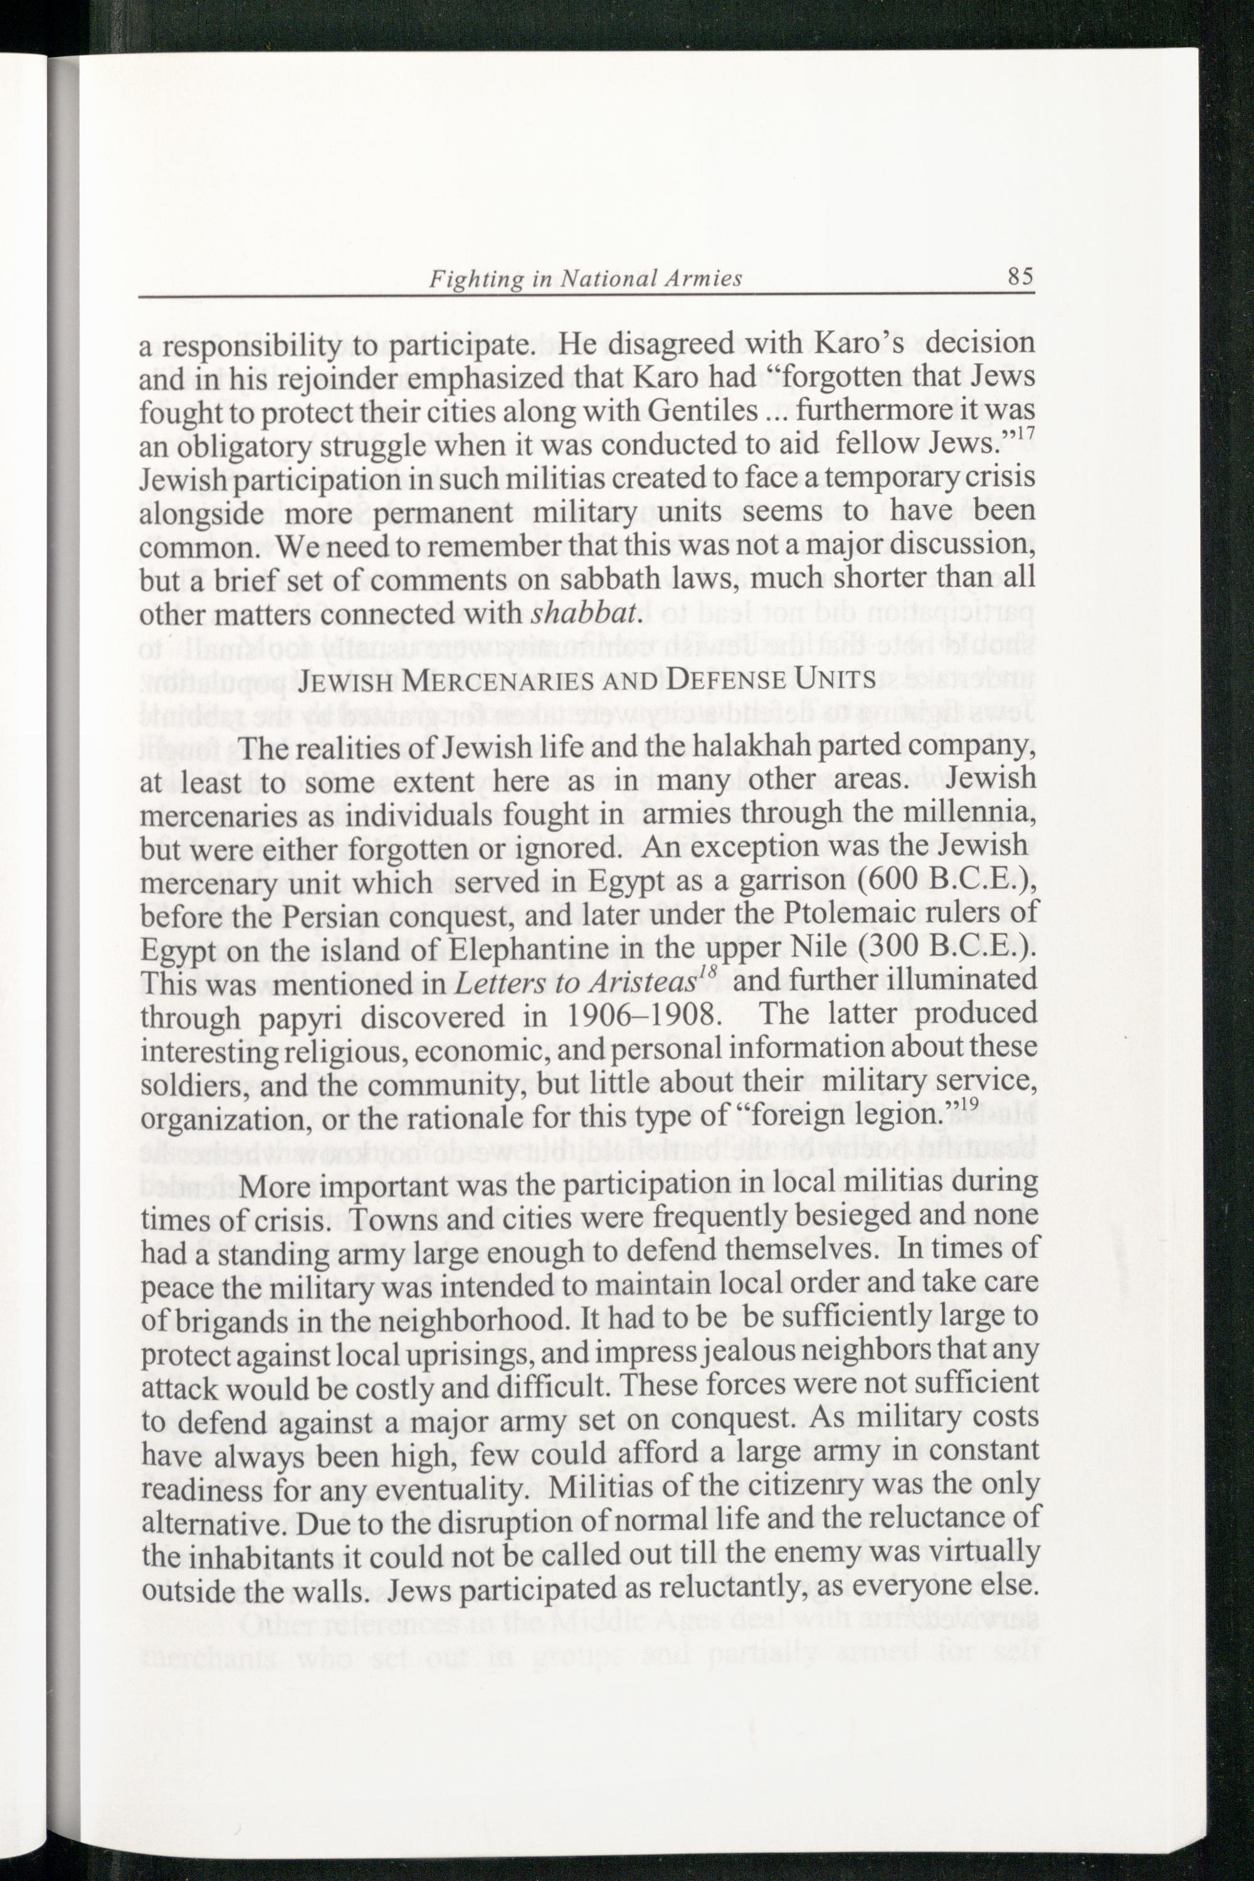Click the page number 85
(x=1021, y=276)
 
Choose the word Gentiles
(x=703, y=411)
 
